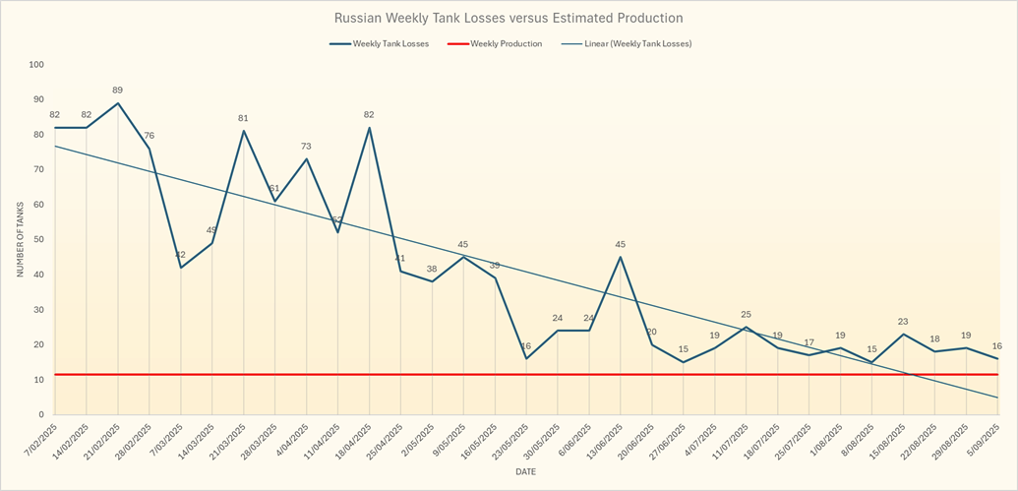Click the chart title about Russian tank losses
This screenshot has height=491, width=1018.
[x=508, y=18]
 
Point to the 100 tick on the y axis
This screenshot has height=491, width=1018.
[x=37, y=65]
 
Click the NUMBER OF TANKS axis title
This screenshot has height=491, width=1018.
[x=19, y=239]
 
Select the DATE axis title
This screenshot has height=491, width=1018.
[x=526, y=472]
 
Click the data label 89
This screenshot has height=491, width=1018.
[x=118, y=91]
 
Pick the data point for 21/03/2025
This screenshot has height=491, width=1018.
[x=244, y=131]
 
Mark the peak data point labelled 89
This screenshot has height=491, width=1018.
[x=118, y=103]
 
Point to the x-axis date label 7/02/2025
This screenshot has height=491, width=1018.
[x=42, y=443]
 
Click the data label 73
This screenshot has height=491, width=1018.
[x=306, y=147]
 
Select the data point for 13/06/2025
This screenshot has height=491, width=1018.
[x=621, y=257]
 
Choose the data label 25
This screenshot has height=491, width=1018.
[x=747, y=315]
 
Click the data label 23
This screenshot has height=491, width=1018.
[x=903, y=322]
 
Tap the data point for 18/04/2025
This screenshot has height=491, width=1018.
[x=369, y=128]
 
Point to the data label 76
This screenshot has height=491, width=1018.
[x=150, y=136]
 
